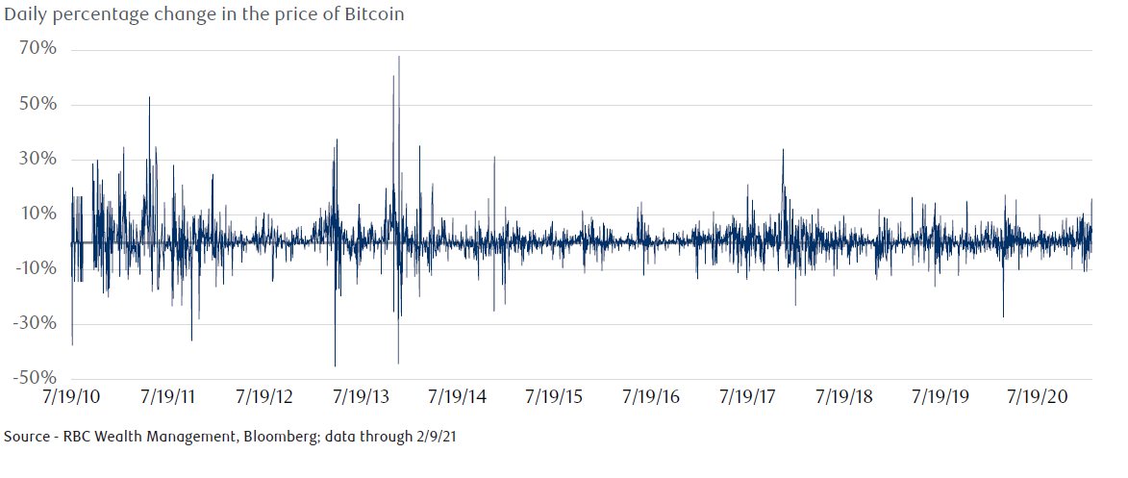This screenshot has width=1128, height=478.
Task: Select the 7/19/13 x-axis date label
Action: (362, 396)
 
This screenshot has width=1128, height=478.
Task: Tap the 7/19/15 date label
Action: (556, 396)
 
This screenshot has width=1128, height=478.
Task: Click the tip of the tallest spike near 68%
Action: (398, 57)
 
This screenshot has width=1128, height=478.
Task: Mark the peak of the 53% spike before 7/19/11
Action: (149, 97)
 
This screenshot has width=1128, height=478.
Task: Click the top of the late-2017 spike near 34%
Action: (783, 149)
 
